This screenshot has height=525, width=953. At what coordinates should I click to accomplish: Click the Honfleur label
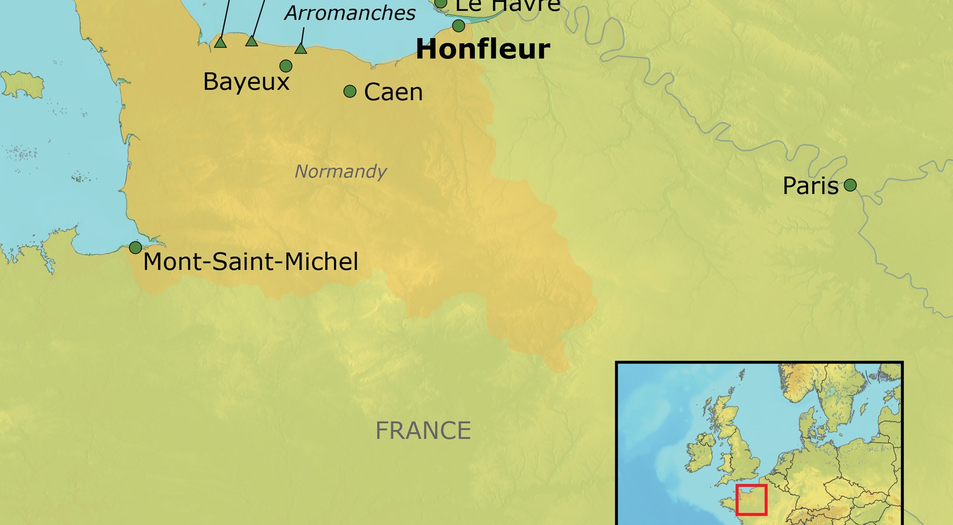point(483,50)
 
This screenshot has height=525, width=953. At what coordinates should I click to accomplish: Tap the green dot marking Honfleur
point(459,25)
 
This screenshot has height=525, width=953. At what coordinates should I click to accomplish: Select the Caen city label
point(393,92)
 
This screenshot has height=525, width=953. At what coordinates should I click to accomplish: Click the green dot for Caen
point(350,91)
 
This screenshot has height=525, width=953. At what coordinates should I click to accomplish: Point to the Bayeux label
point(246,81)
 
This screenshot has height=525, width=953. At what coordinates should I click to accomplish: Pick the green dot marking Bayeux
point(286,66)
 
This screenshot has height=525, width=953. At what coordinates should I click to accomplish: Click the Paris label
point(811,186)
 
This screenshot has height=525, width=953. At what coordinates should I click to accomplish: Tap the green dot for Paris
point(850,185)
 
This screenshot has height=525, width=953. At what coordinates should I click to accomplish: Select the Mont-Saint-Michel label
point(250,262)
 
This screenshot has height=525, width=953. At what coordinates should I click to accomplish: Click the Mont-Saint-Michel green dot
point(135,247)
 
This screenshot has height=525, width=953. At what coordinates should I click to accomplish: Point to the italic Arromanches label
point(350,13)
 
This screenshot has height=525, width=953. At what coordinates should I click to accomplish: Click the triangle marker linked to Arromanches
point(300,49)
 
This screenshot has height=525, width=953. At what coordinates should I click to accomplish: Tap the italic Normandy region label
point(340,171)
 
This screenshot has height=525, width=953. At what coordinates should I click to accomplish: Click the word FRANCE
point(423,431)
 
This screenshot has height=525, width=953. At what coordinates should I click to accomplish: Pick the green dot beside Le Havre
point(441,3)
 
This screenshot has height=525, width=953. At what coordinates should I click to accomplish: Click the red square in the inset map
point(751,500)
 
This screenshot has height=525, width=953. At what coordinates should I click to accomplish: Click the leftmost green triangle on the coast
point(220,43)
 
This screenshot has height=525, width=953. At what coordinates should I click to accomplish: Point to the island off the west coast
point(22,84)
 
